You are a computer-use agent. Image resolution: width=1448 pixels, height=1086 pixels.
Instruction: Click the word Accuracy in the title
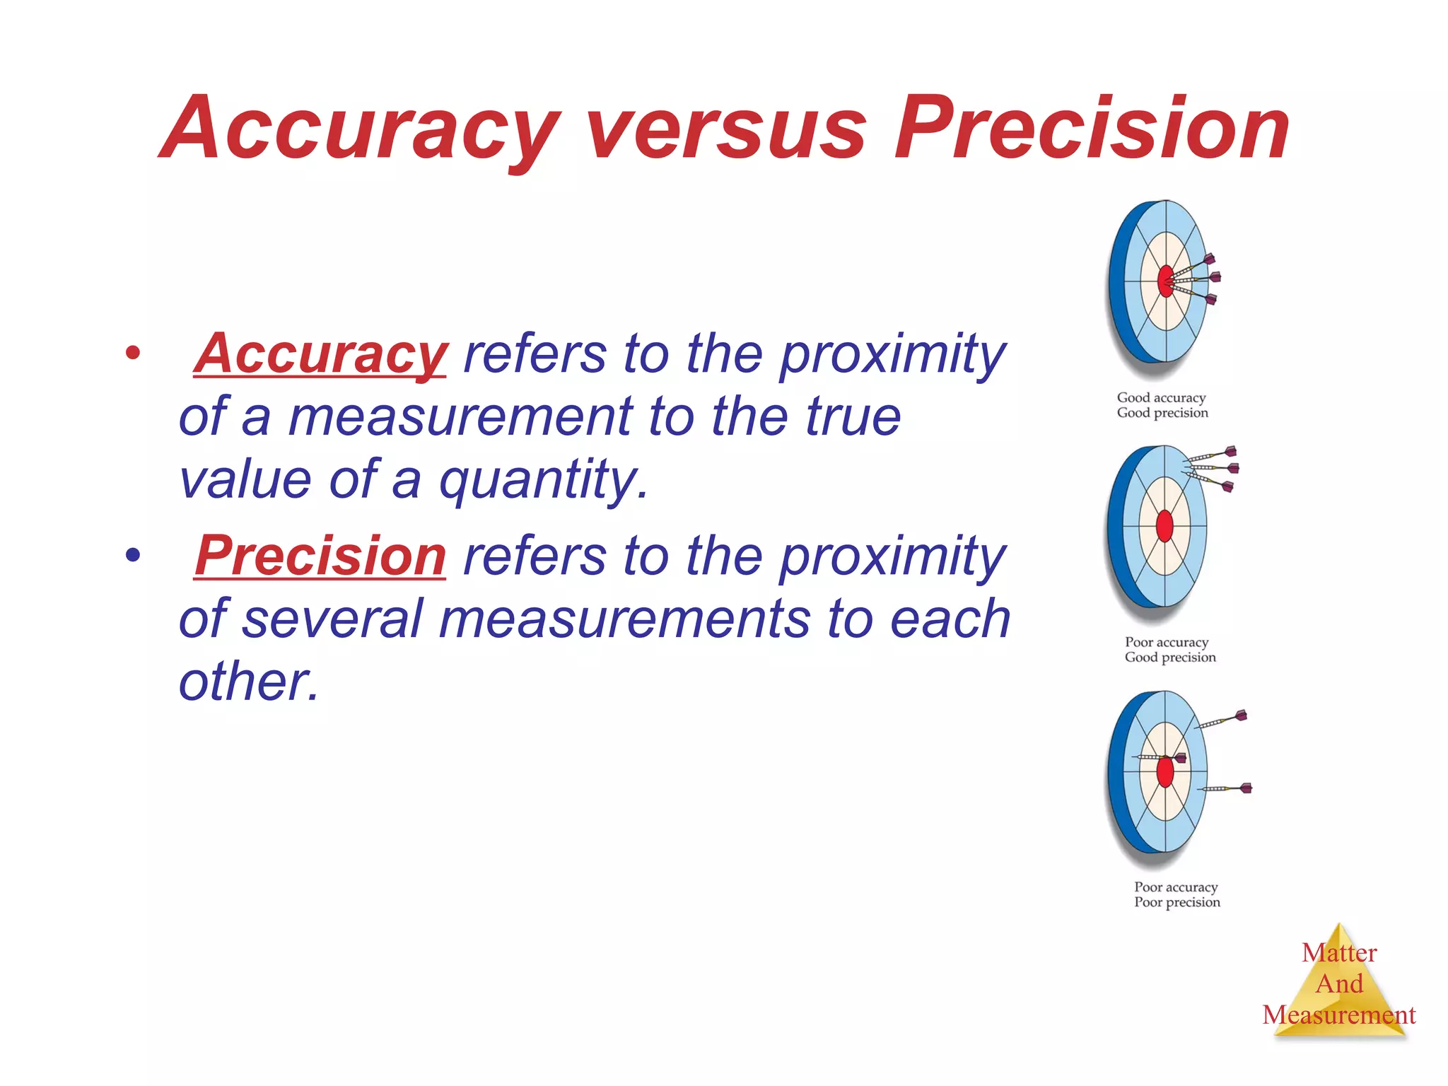pos(361,131)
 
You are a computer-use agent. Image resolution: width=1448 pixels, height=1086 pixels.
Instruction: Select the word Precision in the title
pos(1092,131)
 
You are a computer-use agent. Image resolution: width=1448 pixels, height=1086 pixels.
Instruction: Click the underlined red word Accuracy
pos(320,354)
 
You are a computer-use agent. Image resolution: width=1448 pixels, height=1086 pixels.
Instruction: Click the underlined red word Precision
pos(320,556)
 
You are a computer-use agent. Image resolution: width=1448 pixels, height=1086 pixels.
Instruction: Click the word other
pos(247,682)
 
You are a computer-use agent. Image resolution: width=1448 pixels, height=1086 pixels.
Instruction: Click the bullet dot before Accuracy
pos(132,353)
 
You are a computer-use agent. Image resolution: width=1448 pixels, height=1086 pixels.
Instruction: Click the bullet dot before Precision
pos(132,555)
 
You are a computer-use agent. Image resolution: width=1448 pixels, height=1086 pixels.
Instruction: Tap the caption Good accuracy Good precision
pos(1162,405)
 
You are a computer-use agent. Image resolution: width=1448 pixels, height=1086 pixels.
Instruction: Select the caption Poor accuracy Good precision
pos(1169,650)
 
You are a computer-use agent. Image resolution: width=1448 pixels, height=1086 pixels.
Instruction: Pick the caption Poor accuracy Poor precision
pos(1176,894)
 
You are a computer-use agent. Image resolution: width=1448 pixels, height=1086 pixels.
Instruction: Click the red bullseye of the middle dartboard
pos(1164,526)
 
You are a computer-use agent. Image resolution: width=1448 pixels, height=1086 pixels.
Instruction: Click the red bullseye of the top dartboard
pos(1164,281)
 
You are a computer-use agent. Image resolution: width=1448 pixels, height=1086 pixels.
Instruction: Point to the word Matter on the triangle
pos(1339,953)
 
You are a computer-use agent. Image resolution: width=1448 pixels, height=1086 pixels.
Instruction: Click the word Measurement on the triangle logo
pos(1339,1015)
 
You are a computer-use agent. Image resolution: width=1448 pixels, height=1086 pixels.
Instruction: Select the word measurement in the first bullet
pos(460,417)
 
